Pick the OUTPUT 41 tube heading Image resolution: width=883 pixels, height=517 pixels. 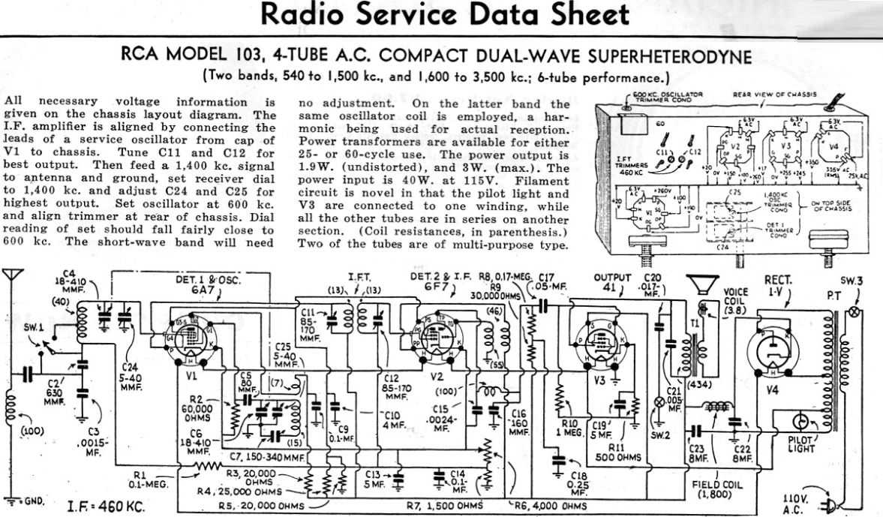[612, 285]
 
